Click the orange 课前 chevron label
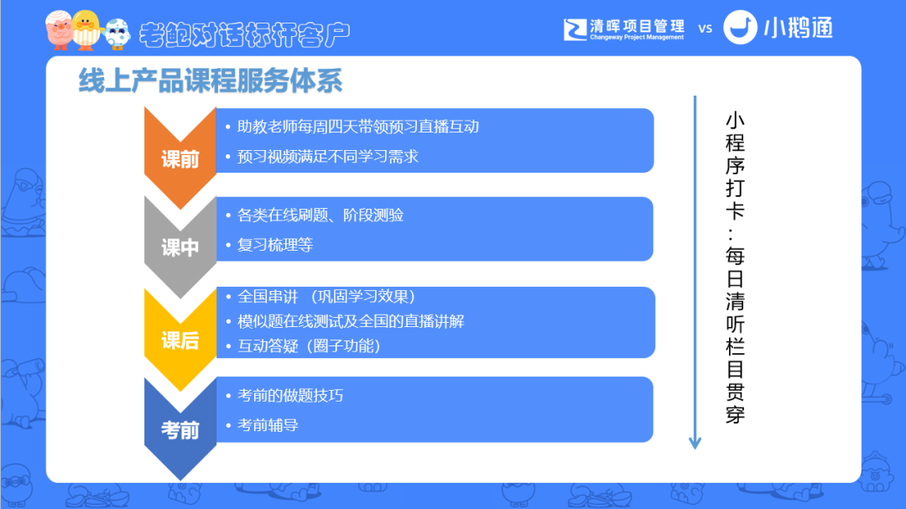coord(180,158)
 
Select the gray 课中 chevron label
coord(180,248)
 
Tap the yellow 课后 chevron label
coord(180,340)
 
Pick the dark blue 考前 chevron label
coord(180,430)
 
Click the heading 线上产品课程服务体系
coord(211,81)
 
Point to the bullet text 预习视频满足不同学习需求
coord(328,157)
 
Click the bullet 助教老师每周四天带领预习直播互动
coord(358,127)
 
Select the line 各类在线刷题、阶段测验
coord(320,215)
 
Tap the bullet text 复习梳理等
coord(275,245)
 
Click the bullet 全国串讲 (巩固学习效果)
coord(326,296)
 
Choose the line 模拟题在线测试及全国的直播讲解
coord(351,321)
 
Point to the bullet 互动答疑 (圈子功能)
coord(309,346)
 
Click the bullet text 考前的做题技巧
coord(290,396)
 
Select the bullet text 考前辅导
coord(268,425)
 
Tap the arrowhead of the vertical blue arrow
coord(695,443)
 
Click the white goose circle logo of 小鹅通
coord(740,27)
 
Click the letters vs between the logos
coord(705,29)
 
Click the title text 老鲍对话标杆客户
coord(244,34)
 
